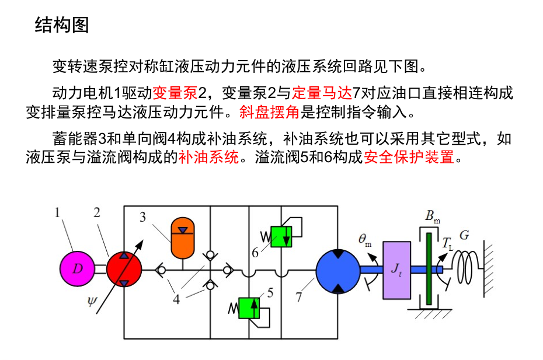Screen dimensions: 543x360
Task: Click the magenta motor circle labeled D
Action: [78, 269]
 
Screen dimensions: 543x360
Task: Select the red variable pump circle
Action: [124, 269]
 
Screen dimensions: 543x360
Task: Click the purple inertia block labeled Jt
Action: [396, 269]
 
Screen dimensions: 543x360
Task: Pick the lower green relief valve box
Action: [250, 307]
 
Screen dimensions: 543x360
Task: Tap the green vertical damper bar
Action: [429, 268]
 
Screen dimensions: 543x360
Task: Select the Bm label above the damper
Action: [432, 218]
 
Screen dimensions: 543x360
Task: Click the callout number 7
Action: [298, 297]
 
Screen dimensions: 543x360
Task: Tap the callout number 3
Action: [142, 218]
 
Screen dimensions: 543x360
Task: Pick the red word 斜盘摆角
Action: [277, 110]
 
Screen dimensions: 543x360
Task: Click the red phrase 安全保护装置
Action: [409, 157]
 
